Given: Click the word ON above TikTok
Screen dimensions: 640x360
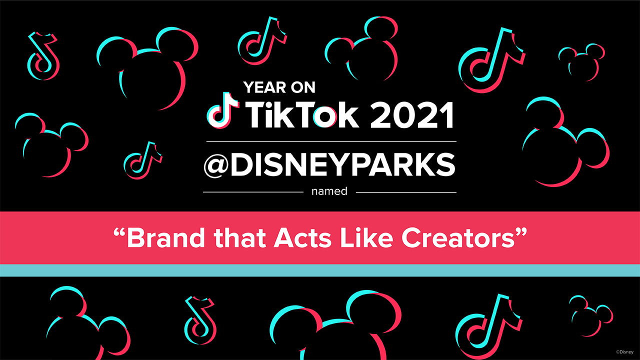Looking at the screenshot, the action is click(x=303, y=87).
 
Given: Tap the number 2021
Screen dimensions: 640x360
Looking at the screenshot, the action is click(x=411, y=115).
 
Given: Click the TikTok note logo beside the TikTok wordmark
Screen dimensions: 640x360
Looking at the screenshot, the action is click(x=223, y=110).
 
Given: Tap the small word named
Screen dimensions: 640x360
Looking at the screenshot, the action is click(x=329, y=191).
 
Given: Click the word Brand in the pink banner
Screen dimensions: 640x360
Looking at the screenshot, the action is click(x=166, y=238).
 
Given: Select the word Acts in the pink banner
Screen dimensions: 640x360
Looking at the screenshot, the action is click(x=302, y=238).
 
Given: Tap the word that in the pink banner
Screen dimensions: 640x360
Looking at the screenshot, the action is click(x=239, y=238).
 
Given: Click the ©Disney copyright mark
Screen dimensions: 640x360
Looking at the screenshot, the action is click(x=624, y=352).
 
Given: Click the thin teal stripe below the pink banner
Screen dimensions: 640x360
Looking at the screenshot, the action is click(x=320, y=270).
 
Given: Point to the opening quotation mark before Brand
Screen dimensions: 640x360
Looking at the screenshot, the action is click(x=119, y=232).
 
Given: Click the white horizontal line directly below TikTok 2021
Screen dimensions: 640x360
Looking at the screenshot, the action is click(x=331, y=141).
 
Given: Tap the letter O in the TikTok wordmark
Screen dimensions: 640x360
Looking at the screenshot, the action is click(x=325, y=117).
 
